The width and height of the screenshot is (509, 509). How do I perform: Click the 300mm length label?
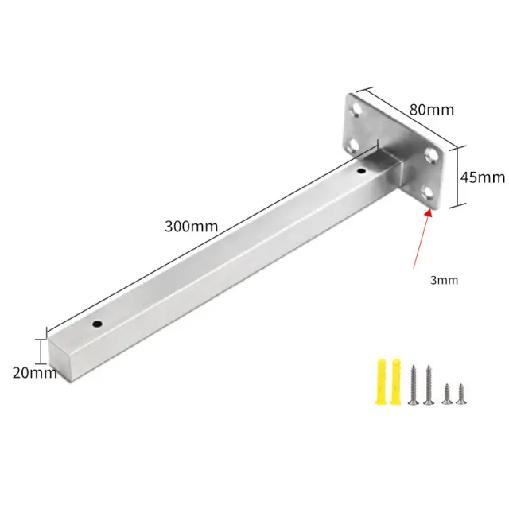(191, 226)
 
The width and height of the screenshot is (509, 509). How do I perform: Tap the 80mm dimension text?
(431, 110)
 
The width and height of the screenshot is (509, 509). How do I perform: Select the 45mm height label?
(483, 177)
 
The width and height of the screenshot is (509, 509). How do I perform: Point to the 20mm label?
(35, 373)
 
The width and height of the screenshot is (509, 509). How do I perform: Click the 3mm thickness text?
(444, 280)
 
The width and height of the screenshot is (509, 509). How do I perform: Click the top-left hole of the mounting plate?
(357, 110)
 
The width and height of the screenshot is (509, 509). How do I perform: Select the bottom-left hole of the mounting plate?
(355, 146)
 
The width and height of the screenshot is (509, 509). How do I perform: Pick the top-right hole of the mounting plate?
(431, 155)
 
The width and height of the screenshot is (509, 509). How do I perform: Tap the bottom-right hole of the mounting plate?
(429, 192)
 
